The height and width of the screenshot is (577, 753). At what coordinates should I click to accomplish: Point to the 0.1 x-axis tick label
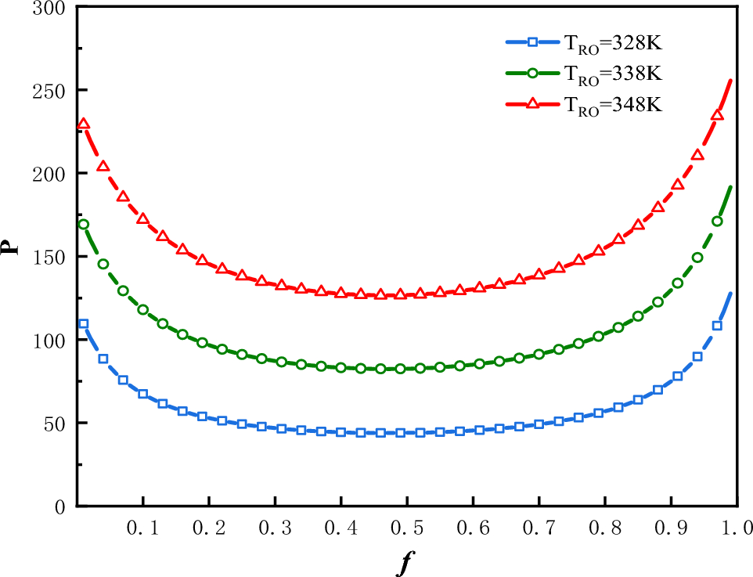[x=143, y=529]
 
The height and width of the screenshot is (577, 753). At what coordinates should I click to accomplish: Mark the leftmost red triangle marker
[x=84, y=124]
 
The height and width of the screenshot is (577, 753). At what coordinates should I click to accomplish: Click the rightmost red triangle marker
[x=717, y=115]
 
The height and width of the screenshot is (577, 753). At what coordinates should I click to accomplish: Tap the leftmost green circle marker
[x=84, y=224]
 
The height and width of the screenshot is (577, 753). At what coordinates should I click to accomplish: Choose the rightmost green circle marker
[x=717, y=221]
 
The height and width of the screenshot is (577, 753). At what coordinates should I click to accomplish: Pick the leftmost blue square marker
[x=84, y=323]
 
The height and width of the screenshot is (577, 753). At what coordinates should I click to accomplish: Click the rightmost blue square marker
[x=717, y=326]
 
